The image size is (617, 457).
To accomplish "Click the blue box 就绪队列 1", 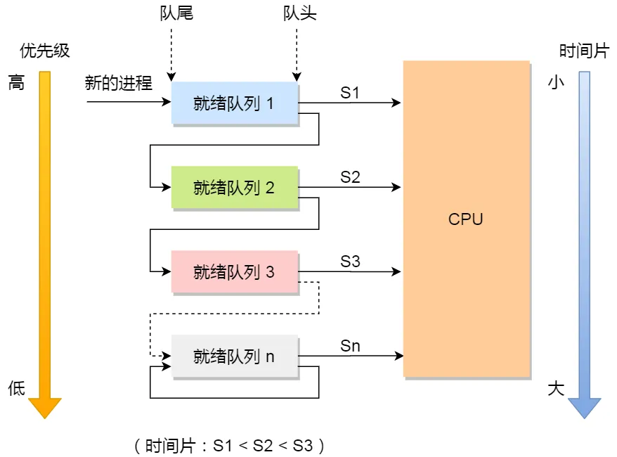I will click(x=235, y=103).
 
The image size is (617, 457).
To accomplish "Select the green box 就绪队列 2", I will click(x=235, y=188).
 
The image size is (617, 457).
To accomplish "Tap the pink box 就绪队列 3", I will click(x=235, y=272).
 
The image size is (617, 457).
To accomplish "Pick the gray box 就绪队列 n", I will click(x=235, y=356).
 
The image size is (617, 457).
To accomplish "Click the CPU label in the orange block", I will click(x=466, y=219).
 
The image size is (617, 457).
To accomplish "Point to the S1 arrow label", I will click(x=350, y=93).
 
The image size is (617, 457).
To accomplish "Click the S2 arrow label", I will click(x=350, y=177).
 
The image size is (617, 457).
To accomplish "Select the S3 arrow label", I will click(x=350, y=262).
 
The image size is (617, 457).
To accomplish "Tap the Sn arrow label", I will click(x=350, y=346).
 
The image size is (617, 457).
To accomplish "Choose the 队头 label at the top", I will click(x=299, y=13).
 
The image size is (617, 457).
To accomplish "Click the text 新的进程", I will click(x=118, y=83).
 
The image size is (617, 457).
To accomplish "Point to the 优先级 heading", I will click(x=46, y=51).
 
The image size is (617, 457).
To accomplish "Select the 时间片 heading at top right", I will click(x=583, y=51).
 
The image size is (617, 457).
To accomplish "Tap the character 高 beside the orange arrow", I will click(x=16, y=83).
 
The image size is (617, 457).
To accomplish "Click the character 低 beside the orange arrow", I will click(x=16, y=388).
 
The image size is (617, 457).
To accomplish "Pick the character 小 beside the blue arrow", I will click(x=556, y=83).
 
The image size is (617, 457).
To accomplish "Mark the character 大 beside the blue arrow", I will click(x=556, y=388).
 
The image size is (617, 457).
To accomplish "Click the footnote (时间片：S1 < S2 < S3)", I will click(x=229, y=445).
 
